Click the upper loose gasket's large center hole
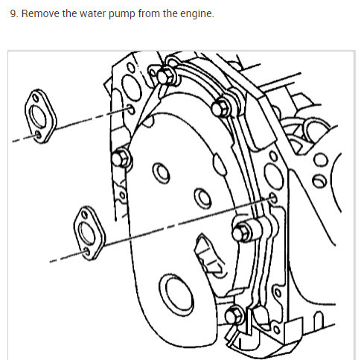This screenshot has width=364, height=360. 38,116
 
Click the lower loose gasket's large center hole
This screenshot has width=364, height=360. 86,233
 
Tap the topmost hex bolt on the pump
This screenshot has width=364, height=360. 165,76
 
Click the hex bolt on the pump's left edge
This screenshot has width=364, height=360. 121,159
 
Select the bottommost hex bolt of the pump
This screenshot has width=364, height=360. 234,316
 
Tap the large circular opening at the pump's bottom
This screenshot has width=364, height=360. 176,295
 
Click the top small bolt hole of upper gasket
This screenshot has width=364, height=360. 36,98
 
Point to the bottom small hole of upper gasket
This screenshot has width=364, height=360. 38,135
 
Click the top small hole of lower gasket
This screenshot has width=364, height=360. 85,215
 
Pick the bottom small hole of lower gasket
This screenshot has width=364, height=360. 87,252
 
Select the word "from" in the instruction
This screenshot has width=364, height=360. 149,13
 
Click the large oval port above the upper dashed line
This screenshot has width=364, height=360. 132,87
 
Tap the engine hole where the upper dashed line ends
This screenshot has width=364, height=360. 131,110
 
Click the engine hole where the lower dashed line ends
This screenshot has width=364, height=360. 273,198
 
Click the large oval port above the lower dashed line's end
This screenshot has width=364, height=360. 273,176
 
